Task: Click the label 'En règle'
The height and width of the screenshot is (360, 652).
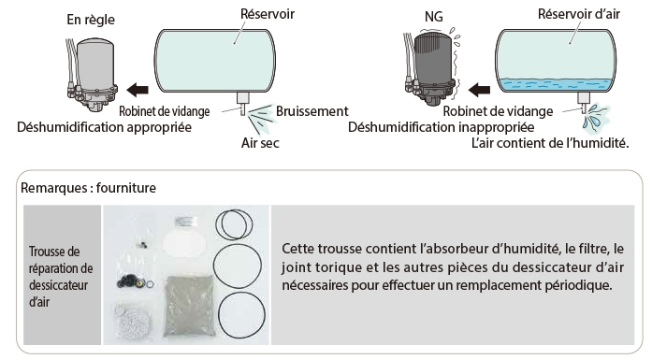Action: click(91, 20)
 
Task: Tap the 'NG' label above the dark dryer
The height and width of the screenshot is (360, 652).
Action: click(434, 17)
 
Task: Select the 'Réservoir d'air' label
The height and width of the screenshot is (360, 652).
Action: click(578, 14)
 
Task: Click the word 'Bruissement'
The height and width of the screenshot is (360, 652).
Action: click(312, 111)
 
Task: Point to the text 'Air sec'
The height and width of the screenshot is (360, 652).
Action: click(260, 143)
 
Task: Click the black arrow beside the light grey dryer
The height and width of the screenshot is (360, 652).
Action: click(138, 89)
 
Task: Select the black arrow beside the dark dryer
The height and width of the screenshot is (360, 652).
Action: click(479, 89)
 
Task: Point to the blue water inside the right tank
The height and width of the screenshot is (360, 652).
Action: click(556, 84)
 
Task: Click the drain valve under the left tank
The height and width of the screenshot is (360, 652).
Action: click(243, 103)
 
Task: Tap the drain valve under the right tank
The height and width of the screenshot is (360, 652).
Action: click(584, 102)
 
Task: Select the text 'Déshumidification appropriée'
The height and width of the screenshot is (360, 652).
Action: click(105, 127)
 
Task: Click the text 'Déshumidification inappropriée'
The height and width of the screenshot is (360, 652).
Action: click(442, 127)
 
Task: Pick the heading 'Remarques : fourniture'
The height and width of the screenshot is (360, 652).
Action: click(88, 188)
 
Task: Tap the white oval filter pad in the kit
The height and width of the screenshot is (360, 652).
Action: click(183, 243)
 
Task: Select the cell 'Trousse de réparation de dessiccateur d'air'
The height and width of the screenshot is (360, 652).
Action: click(63, 275)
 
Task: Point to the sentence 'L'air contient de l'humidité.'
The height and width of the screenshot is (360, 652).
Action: click(550, 143)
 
